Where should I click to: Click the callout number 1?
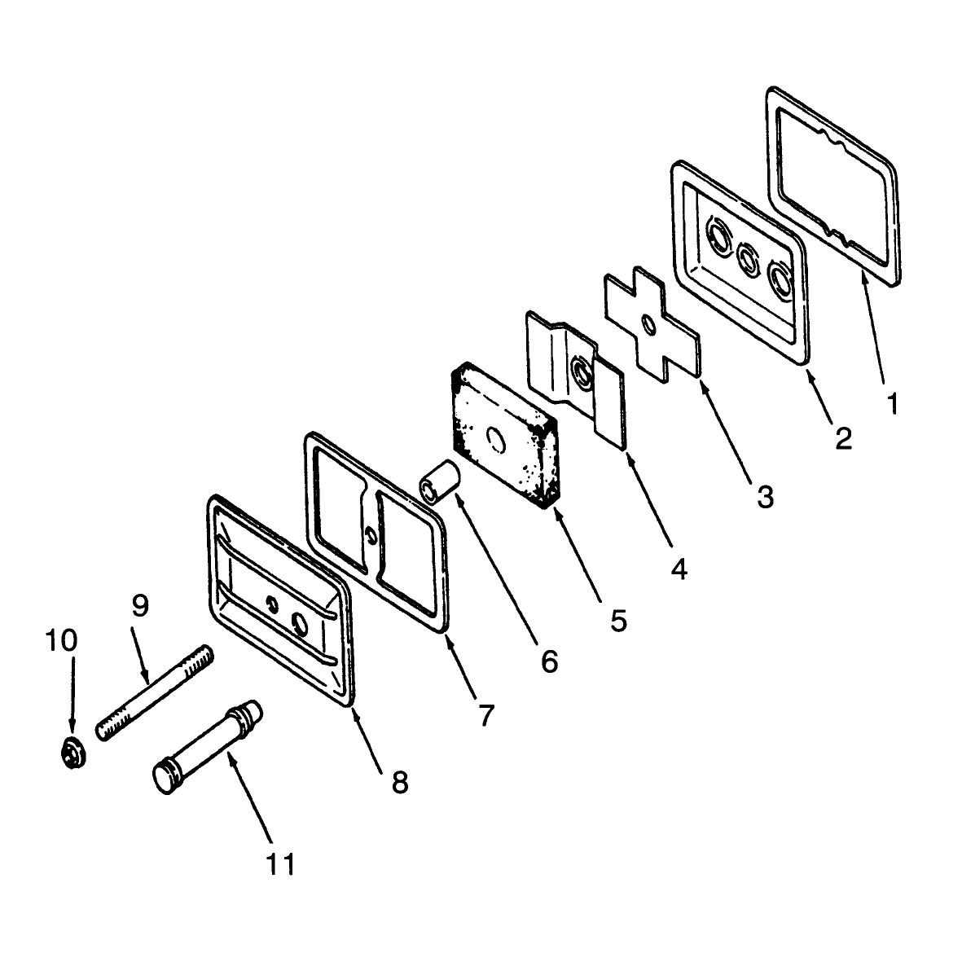tap(893, 404)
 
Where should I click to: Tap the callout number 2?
tap(844, 438)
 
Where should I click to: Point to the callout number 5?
tap(618, 621)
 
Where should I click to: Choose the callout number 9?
tap(140, 606)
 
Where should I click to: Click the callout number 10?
tap(61, 640)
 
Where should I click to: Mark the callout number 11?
tap(280, 864)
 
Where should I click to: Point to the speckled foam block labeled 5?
tap(504, 436)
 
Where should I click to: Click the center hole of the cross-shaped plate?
tap(648, 323)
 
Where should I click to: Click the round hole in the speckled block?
tap(495, 440)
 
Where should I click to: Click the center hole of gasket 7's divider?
tap(370, 535)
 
